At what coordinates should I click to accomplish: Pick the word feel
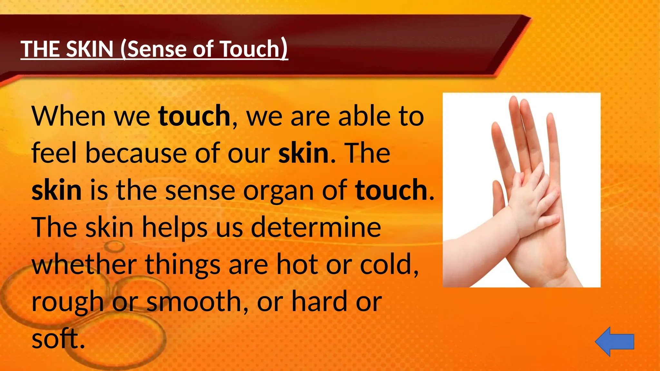(x=54, y=153)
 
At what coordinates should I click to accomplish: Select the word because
(x=136, y=153)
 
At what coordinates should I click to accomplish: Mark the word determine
(x=316, y=227)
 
